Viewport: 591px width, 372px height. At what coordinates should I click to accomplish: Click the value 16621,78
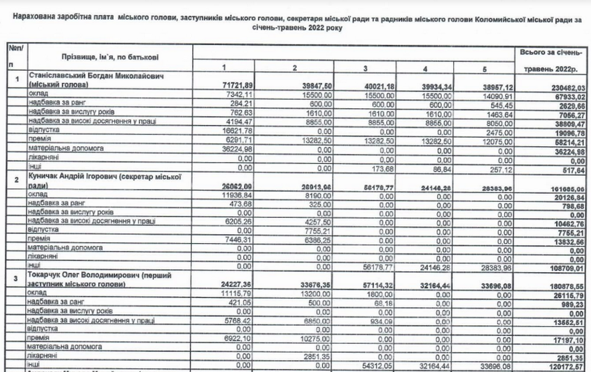237,130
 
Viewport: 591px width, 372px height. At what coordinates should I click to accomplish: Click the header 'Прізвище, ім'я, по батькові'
110,58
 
